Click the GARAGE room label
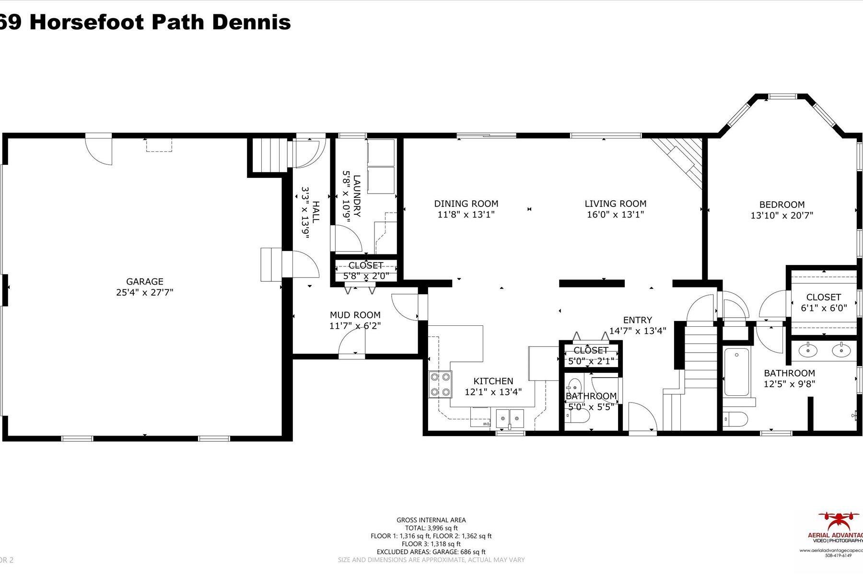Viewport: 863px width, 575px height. click(x=144, y=282)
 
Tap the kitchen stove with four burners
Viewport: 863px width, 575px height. click(x=440, y=384)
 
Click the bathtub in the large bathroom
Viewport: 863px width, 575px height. click(x=737, y=372)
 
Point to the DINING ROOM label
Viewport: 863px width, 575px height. click(x=466, y=204)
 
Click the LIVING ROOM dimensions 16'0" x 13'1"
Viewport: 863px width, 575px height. click(x=615, y=215)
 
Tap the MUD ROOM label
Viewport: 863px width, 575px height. click(x=355, y=315)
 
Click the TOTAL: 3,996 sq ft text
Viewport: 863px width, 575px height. click(x=431, y=528)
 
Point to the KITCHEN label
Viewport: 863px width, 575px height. click(x=493, y=381)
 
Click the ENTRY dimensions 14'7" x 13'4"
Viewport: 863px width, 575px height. click(x=638, y=331)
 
